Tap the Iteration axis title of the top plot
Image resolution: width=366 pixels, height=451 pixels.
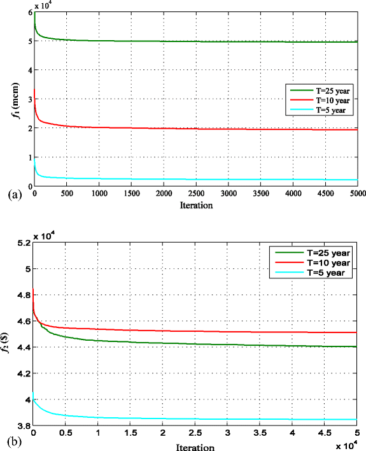(x=195, y=206)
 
